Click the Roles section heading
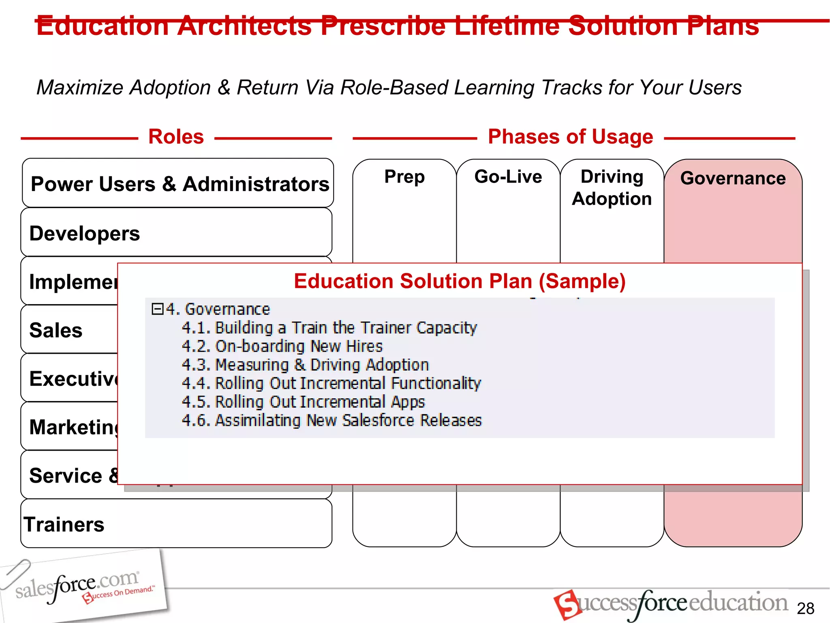click(176, 137)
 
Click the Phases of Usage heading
click(570, 137)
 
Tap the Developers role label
click(85, 234)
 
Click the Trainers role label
click(64, 524)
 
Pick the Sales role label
click(56, 330)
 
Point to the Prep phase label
click(404, 177)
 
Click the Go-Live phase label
click(508, 177)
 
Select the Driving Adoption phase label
click(612, 187)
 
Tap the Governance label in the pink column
click(733, 178)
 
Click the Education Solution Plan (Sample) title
click(460, 281)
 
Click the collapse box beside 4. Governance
click(157, 309)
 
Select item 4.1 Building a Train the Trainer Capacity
click(329, 328)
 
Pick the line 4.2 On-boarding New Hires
click(282, 346)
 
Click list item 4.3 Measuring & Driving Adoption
click(305, 365)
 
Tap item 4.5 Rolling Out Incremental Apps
click(303, 402)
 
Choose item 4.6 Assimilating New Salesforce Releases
click(332, 421)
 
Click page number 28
click(805, 608)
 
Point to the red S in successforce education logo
click(567, 604)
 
